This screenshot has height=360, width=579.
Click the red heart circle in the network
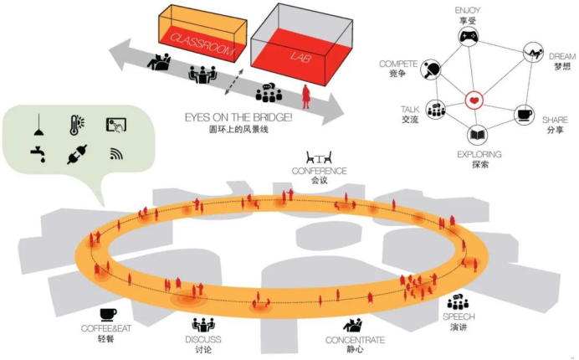click(x=475, y=103)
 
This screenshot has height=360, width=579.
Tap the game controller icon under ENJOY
click(x=467, y=37)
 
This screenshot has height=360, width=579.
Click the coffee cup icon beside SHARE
click(x=525, y=115)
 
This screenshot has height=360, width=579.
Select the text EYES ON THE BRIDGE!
click(x=238, y=118)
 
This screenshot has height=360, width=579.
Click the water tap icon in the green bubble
click(x=37, y=155)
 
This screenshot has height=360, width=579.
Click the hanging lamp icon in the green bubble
click(x=38, y=125)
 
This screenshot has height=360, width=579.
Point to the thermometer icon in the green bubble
click(x=77, y=125)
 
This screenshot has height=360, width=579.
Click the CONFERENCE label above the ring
click(x=319, y=171)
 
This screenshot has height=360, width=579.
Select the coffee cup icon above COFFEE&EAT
click(x=108, y=315)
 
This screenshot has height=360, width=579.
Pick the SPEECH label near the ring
click(x=459, y=317)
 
